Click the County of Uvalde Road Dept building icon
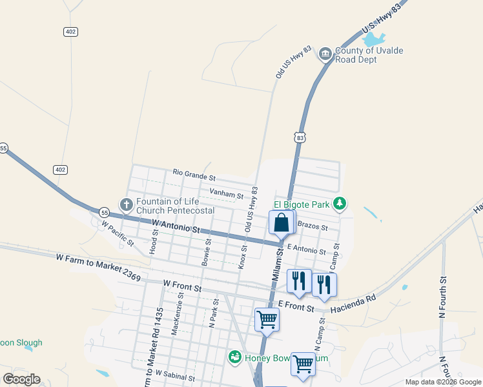tap(325, 55)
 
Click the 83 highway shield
tap(298, 137)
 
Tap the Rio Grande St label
tap(194, 175)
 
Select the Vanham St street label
tap(226, 194)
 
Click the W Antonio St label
tap(176, 226)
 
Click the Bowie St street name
tap(207, 252)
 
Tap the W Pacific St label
tap(117, 235)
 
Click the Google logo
tap(21, 379)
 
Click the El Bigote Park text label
tap(302, 205)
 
